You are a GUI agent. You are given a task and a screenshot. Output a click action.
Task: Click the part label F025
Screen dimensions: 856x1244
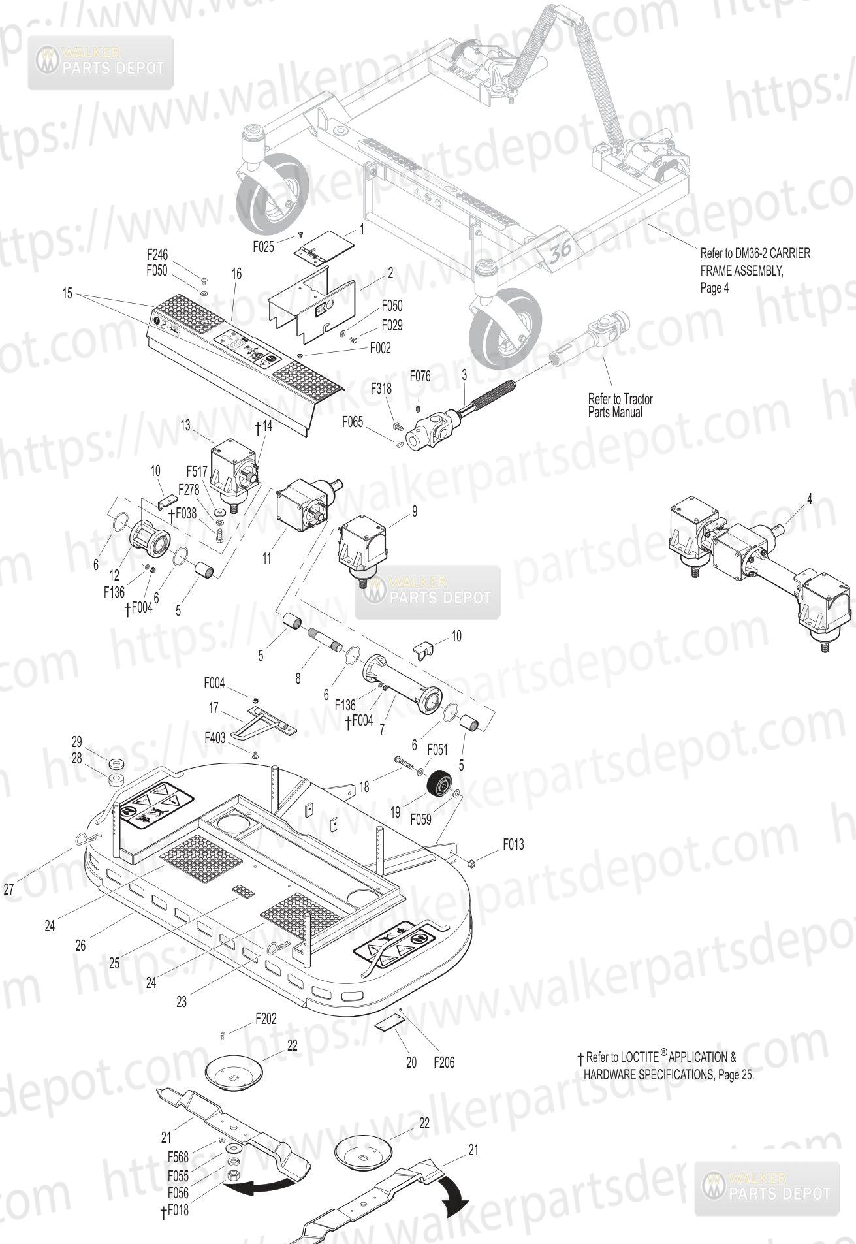(x=264, y=247)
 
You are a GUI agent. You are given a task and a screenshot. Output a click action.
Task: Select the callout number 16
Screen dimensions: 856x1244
(x=236, y=274)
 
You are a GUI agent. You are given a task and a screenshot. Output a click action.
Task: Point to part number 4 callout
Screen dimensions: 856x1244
(x=810, y=499)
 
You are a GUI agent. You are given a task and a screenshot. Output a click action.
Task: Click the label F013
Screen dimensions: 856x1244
(x=513, y=844)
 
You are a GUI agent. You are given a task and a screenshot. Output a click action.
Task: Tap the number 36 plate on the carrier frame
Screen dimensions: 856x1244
(x=557, y=251)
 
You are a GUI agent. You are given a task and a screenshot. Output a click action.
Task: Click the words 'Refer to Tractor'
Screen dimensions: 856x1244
(x=620, y=399)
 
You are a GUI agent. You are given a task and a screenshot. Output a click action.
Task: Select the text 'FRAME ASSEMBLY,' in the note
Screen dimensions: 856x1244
(x=741, y=271)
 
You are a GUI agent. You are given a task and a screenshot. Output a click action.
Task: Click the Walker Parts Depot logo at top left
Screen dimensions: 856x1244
(x=101, y=62)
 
